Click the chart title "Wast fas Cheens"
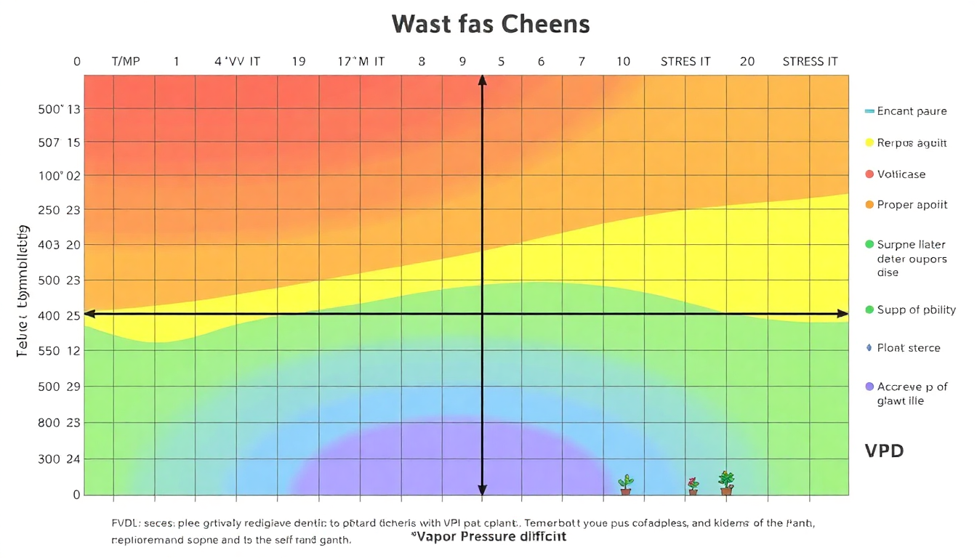[x=491, y=24]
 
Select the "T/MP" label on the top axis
[x=126, y=62]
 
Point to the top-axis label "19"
[x=298, y=62]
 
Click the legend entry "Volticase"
[x=901, y=174]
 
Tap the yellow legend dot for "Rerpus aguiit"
[x=869, y=143]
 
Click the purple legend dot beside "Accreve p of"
[x=869, y=387]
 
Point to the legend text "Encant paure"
[x=912, y=111]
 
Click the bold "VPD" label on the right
[x=884, y=450]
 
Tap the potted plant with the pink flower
[x=693, y=485]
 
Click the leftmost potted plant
[x=625, y=485]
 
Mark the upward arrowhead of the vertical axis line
[x=482, y=80]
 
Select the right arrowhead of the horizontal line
[x=843, y=314]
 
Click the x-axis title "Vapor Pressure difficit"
[x=484, y=537]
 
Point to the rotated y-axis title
[x=23, y=291]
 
